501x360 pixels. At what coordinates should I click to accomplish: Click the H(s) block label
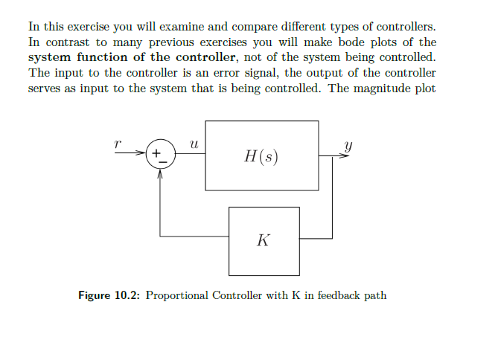pos(261,156)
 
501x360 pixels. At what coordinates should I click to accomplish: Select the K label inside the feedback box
pos(264,241)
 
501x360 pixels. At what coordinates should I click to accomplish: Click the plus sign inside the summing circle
pos(156,154)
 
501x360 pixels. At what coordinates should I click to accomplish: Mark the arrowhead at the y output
pos(345,155)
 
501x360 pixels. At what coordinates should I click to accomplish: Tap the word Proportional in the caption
pos(177,295)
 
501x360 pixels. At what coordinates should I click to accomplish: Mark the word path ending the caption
pos(376,295)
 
